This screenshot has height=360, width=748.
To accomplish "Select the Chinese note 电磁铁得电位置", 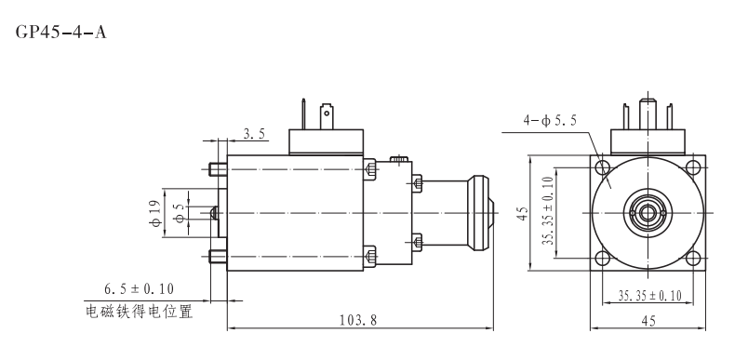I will point(140,312).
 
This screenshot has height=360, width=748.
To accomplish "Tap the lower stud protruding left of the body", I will point(217,255).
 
